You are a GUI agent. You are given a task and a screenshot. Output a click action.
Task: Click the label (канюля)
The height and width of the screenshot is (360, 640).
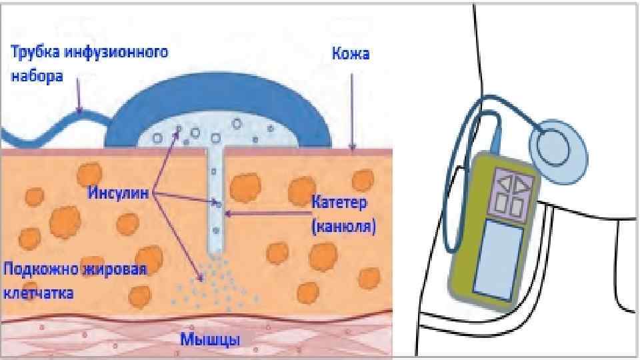click(x=343, y=227)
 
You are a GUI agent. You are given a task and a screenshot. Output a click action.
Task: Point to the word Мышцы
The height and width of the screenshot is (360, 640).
click(x=211, y=339)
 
